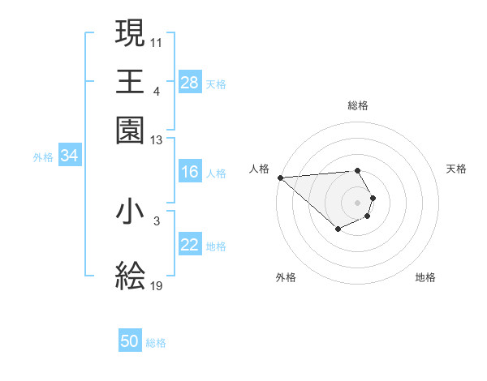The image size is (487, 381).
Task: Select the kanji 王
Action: tap(131, 82)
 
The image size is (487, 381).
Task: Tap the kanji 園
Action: tap(131, 130)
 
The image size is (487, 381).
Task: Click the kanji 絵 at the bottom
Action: tap(131, 276)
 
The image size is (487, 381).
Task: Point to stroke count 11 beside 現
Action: tap(157, 41)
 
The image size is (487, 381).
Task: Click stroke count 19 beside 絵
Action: tap(157, 286)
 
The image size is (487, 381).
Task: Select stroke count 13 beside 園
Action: tap(157, 140)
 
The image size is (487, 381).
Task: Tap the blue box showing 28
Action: tap(189, 83)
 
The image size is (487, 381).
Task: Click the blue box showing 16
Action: tap(189, 172)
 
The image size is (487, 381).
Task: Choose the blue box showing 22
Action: tap(189, 245)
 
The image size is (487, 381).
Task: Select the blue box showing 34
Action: tap(69, 156)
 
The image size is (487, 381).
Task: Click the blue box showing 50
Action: tap(130, 342)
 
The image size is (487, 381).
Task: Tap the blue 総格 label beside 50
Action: tap(156, 343)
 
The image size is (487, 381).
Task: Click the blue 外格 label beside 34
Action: tap(43, 157)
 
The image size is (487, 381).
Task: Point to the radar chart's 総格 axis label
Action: tap(358, 105)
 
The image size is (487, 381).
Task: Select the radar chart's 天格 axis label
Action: tap(456, 169)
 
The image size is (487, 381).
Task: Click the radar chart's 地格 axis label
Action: tap(425, 277)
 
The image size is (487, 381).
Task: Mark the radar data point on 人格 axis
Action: tap(280, 178)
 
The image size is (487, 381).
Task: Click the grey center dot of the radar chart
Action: tap(357, 202)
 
